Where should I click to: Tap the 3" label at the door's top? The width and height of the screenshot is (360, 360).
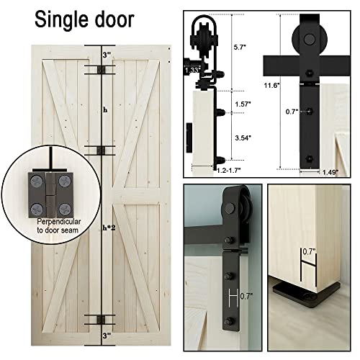pyautogui.click(x=107, y=53)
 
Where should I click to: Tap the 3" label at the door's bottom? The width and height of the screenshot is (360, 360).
pyautogui.click(x=107, y=336)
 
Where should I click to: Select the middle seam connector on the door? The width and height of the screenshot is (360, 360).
pyautogui.click(x=104, y=150)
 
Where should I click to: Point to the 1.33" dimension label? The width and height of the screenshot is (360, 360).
pyautogui.click(x=192, y=71)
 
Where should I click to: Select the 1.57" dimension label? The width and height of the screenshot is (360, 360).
pyautogui.click(x=243, y=105)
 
